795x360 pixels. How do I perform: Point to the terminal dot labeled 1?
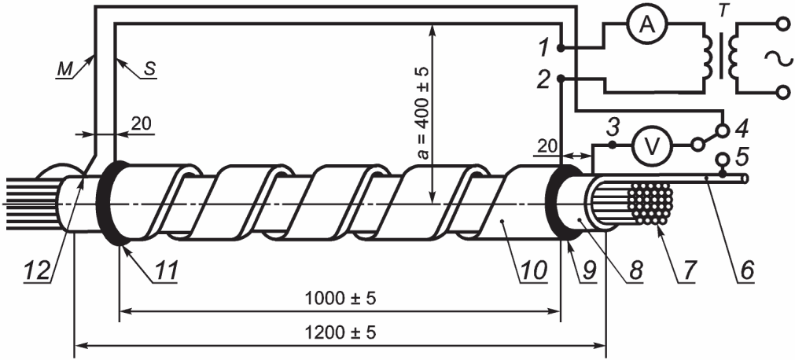click(560, 48)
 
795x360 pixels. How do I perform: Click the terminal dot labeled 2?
click(560, 79)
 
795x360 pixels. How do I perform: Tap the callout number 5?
click(742, 156)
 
